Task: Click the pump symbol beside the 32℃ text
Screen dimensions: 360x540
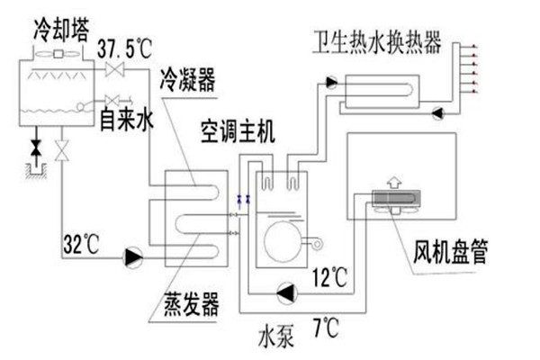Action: point(134,257)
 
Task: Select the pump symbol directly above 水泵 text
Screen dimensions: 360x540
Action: point(287,291)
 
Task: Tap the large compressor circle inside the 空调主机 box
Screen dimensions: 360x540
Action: point(283,241)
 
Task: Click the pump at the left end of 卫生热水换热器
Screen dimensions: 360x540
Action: point(332,83)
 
